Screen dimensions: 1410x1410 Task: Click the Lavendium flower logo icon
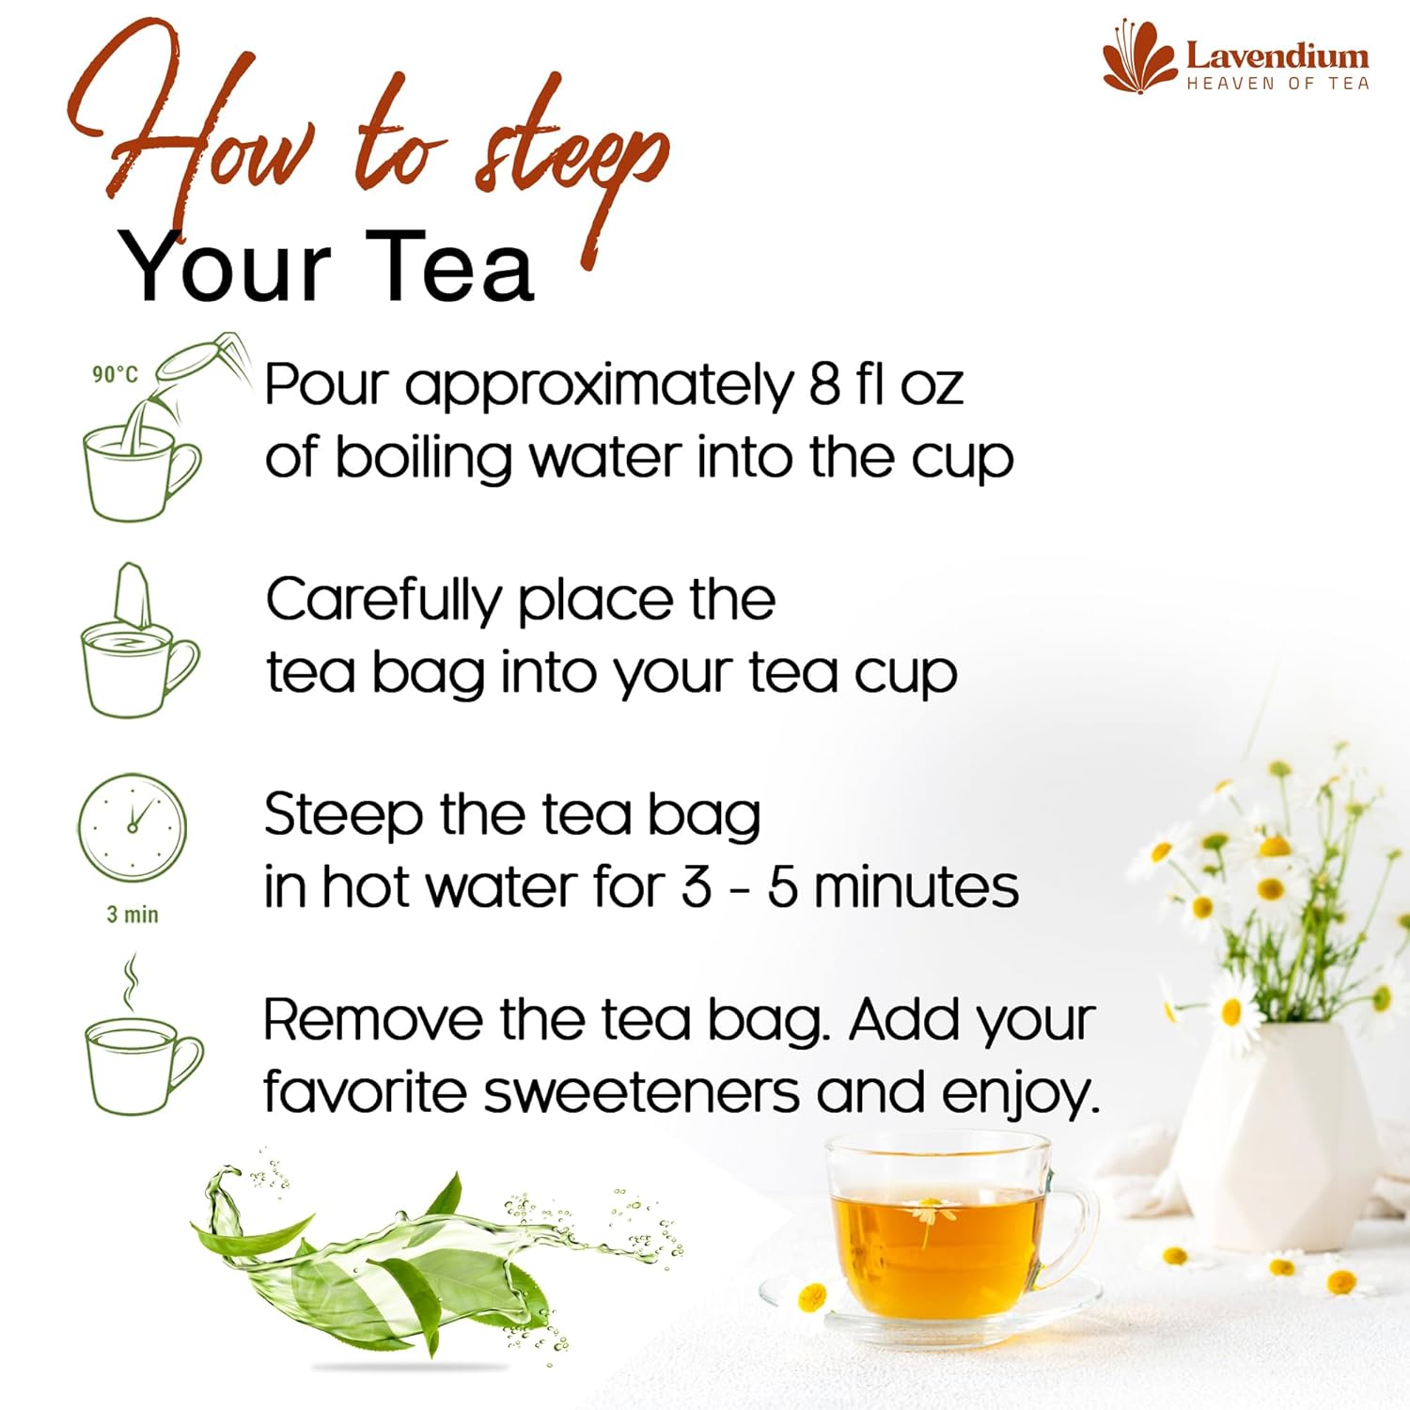[x=1139, y=57]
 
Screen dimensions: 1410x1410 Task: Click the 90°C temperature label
[x=115, y=374]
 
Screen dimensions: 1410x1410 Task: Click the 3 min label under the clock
[x=133, y=914]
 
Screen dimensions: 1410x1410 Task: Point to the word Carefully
[x=384, y=602]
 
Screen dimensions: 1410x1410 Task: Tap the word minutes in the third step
[x=916, y=887]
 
